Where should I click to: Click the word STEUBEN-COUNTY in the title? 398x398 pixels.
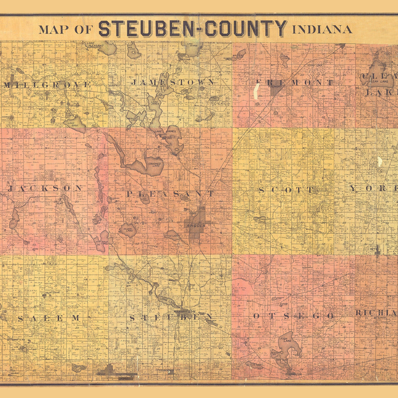pos(193,29)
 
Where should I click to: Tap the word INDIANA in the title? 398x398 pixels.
pos(322,30)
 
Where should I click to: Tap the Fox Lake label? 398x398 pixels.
pos(173,236)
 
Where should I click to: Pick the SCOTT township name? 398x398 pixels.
pos(286,190)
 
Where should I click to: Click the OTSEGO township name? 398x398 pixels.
pos(293,316)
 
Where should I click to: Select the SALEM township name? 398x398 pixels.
pos(48,318)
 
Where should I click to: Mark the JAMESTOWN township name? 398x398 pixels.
pos(172,82)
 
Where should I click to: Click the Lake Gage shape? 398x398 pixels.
pos(76,123)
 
